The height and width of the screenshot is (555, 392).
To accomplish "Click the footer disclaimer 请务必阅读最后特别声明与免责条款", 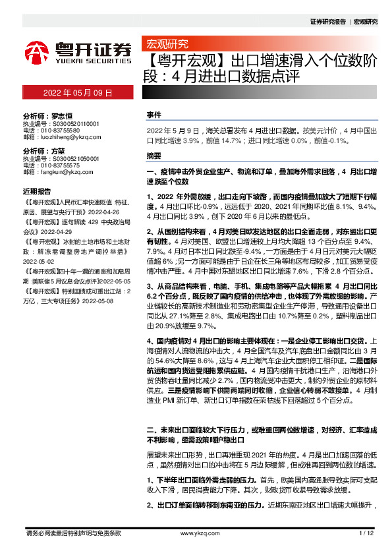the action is pyautogui.click(x=72, y=533).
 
